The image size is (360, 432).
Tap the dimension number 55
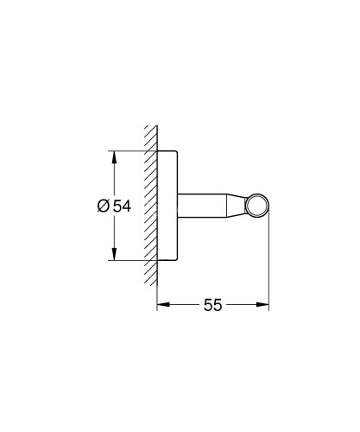pyautogui.click(x=213, y=306)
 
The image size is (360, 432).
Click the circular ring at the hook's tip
pyautogui.click(x=258, y=206)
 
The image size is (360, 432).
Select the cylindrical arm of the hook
pyautogui.click(x=207, y=206)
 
